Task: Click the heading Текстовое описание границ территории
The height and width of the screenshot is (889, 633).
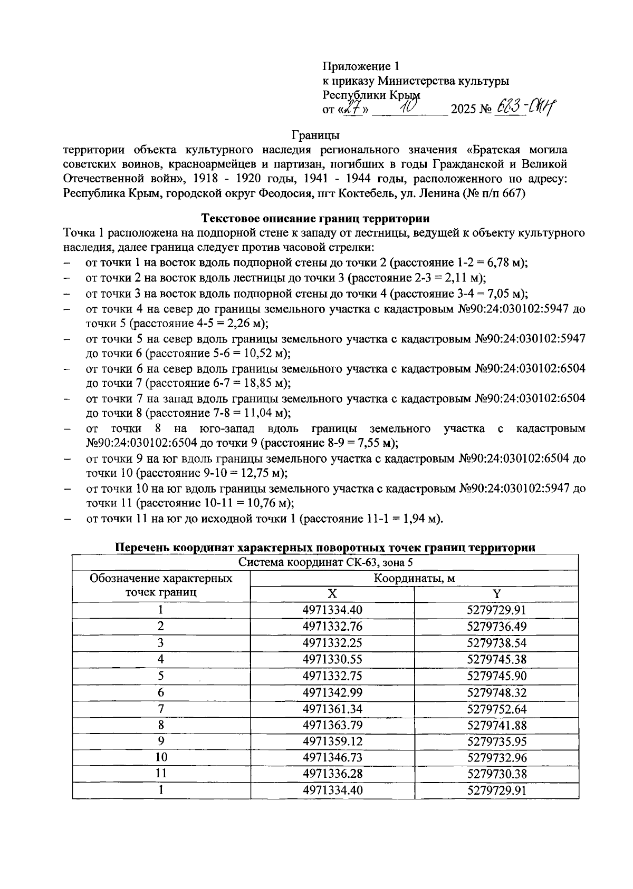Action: [316, 218]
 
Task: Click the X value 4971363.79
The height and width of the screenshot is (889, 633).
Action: [332, 725]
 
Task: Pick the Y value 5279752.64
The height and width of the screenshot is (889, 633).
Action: [496, 708]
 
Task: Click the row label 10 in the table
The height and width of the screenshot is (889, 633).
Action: [161, 757]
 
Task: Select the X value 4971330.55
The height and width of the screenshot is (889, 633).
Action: [332, 659]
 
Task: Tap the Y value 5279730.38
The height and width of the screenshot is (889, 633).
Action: [496, 774]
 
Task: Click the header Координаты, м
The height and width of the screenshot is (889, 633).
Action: [414, 578]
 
